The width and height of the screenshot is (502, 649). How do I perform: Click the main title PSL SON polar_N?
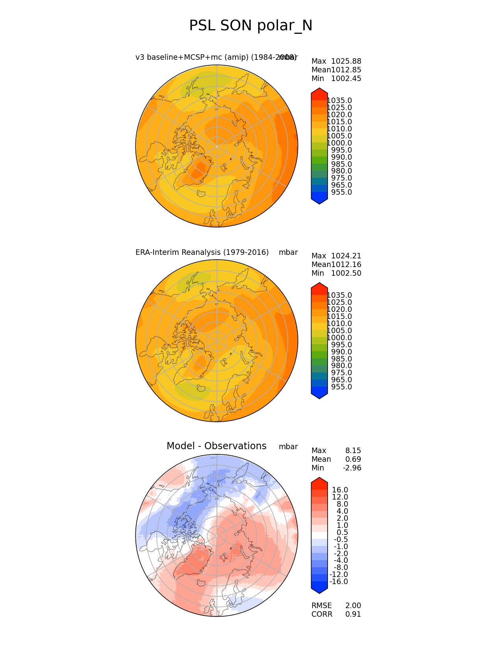pyautogui.click(x=251, y=26)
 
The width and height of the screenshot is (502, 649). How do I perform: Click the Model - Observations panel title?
pyautogui.click(x=216, y=446)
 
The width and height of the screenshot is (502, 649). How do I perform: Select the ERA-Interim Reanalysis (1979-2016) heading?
pyautogui.click(x=202, y=253)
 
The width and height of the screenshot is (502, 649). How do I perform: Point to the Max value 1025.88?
pyautogui.click(x=346, y=61)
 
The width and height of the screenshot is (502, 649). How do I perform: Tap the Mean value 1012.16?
pyautogui.click(x=346, y=265)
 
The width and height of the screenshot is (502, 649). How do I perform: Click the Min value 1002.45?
pyautogui.click(x=346, y=79)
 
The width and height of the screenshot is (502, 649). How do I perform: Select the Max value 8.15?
pyautogui.click(x=353, y=451)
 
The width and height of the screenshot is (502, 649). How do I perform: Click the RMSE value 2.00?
pyautogui.click(x=353, y=606)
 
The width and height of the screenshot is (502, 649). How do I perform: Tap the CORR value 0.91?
pyautogui.click(x=353, y=614)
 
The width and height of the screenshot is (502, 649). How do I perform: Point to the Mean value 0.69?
pyautogui.click(x=353, y=459)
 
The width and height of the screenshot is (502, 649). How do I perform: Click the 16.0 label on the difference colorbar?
pyautogui.click(x=340, y=490)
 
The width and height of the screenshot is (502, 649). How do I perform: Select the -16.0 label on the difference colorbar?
pyautogui.click(x=339, y=582)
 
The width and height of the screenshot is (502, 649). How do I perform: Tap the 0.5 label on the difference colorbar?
pyautogui.click(x=342, y=533)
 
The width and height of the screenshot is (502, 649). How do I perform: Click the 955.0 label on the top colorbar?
pyautogui.click(x=341, y=192)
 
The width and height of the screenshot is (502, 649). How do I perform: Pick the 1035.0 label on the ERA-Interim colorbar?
pyautogui.click(x=339, y=295)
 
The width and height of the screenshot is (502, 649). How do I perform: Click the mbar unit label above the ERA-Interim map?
pyautogui.click(x=288, y=253)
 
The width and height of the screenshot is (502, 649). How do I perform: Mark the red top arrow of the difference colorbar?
pyautogui.click(x=319, y=482)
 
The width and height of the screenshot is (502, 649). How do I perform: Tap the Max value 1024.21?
pyautogui.click(x=346, y=256)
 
